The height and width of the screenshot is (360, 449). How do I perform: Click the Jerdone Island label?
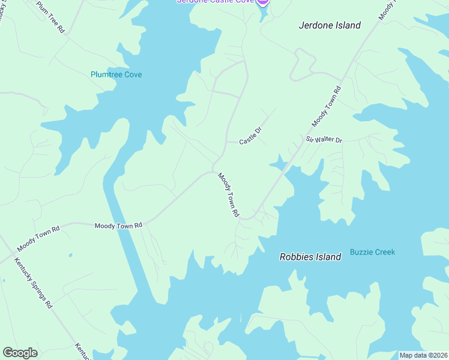[330, 25]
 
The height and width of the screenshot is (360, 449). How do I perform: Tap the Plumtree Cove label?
[116, 74]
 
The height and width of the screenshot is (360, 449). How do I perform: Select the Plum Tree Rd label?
[50, 17]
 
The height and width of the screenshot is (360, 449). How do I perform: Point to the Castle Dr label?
[250, 138]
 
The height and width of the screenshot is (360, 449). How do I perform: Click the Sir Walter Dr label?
[324, 139]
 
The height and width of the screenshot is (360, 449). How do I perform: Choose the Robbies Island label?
[310, 257]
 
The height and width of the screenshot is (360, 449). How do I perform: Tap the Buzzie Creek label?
[372, 252]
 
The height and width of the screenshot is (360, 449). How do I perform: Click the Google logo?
[20, 353]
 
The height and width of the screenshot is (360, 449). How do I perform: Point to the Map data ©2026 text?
[423, 355]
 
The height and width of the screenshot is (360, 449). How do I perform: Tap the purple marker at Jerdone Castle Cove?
[262, 2]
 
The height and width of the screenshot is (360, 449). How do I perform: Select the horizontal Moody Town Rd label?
[118, 226]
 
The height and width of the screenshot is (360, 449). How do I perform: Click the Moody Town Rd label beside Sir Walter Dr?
[327, 106]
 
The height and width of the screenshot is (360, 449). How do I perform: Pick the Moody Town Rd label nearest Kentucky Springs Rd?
[38, 239]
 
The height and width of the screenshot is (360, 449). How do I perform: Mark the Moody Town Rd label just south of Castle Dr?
[229, 195]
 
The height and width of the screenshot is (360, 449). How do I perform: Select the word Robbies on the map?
[296, 257]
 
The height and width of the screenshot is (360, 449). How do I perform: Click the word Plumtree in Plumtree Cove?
[107, 74]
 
